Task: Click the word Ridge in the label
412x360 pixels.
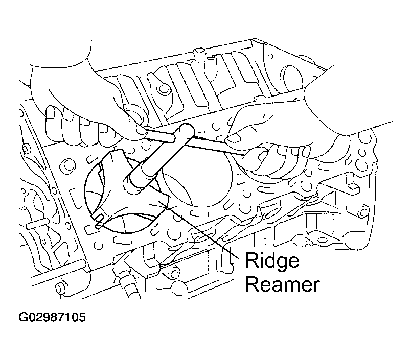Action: [272, 260]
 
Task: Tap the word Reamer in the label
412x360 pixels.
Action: [283, 284]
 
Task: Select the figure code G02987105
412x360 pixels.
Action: [52, 317]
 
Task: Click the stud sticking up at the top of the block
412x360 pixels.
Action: [199, 56]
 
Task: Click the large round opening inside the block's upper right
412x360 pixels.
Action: [292, 77]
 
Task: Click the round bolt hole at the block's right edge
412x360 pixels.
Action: [363, 211]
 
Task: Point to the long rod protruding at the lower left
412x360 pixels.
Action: [57, 273]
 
